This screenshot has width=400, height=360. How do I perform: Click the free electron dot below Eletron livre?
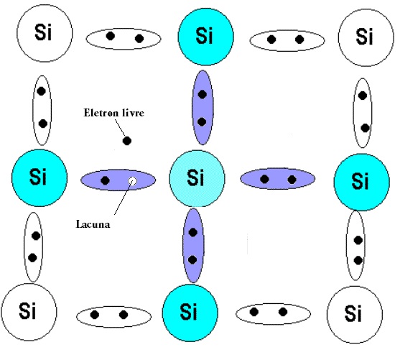(x=127, y=141)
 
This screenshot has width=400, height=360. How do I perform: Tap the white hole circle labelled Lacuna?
(x=132, y=181)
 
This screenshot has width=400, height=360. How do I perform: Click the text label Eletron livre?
(x=113, y=113)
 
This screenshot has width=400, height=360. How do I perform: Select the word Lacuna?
(x=93, y=224)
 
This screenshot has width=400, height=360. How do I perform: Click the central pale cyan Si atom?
(x=197, y=179)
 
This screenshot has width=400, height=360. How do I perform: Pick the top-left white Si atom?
(x=45, y=33)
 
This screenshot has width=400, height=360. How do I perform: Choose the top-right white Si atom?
(x=366, y=37)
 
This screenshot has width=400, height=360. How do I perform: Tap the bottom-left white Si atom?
(x=29, y=312)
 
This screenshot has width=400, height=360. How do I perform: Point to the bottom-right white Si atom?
(x=355, y=315)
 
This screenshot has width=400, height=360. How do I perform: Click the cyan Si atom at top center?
(x=205, y=37)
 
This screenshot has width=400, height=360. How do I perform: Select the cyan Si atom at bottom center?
(x=190, y=313)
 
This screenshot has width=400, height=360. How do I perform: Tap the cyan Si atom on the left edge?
(x=39, y=178)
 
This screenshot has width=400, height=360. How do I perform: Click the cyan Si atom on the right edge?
(x=362, y=182)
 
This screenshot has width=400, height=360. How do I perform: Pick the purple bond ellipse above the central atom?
(x=203, y=108)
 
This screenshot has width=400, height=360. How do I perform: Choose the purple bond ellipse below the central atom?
(x=193, y=246)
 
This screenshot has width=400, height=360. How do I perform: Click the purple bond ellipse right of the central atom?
(x=277, y=178)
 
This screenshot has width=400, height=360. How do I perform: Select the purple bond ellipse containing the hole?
(x=118, y=180)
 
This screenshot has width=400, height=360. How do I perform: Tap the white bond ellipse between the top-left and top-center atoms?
(x=124, y=39)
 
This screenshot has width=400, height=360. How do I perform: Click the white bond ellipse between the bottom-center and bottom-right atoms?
(x=273, y=314)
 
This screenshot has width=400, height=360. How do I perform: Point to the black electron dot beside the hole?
(x=105, y=180)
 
